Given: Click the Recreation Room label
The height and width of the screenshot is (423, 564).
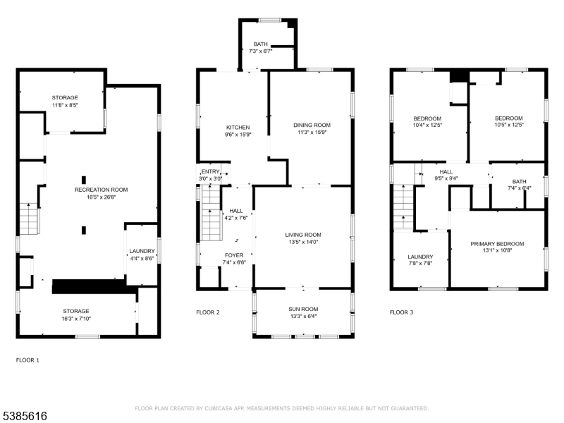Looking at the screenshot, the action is (x=101, y=190).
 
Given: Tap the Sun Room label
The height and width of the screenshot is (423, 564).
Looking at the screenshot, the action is (x=303, y=309).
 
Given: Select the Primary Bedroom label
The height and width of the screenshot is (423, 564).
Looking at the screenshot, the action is (x=497, y=244).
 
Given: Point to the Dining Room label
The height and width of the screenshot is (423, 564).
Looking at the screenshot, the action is (x=312, y=125).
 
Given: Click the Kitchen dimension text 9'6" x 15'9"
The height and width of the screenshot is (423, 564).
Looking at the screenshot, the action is (x=238, y=135).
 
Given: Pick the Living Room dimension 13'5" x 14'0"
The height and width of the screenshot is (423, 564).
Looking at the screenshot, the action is (x=303, y=242).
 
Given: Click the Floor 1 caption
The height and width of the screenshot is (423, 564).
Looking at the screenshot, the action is (x=27, y=360).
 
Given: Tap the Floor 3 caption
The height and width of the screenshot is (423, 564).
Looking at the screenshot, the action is (x=401, y=312).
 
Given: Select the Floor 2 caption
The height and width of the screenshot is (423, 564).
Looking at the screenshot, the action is (x=208, y=312).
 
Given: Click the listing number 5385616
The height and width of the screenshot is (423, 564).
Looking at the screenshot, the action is (x=24, y=416).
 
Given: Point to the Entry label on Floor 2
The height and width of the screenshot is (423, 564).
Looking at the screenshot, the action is (x=210, y=171).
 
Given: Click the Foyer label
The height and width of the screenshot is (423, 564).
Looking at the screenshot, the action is (x=234, y=255).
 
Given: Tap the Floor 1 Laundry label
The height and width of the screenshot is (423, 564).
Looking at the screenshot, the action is (x=142, y=251).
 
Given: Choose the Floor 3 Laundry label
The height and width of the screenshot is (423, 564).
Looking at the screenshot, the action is (x=420, y=257).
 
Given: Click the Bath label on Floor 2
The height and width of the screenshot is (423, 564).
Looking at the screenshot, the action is (x=260, y=44).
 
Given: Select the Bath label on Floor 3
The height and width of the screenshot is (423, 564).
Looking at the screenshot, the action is (x=520, y=181).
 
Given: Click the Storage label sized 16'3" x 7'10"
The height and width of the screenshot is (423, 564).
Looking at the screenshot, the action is (x=76, y=311).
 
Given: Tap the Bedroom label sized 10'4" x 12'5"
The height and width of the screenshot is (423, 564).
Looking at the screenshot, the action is (x=427, y=118).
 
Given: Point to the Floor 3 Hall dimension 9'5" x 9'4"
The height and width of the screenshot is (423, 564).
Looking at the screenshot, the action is (x=446, y=178).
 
